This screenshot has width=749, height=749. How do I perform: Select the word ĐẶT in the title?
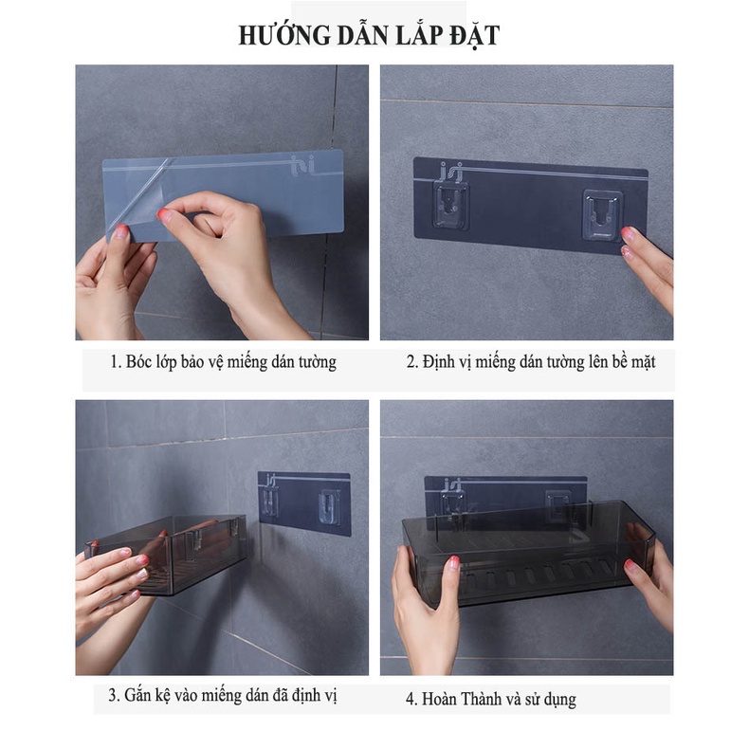click(475, 35)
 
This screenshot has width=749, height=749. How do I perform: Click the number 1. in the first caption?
click(116, 361)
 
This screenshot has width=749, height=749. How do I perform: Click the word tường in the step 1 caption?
click(318, 361)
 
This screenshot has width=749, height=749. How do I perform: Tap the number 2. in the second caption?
click(412, 361)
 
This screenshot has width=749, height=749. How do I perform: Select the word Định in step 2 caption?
click(439, 362)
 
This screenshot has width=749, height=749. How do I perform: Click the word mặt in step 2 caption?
click(644, 363)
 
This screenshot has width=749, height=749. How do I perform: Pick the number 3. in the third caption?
click(114, 695)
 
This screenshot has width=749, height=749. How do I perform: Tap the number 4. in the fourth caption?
click(411, 699)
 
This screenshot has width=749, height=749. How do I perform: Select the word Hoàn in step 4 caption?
click(439, 699)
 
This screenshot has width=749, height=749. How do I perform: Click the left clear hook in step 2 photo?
click(450, 207)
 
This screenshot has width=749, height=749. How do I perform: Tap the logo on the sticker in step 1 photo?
click(302, 165)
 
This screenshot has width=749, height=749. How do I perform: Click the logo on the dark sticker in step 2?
click(451, 172)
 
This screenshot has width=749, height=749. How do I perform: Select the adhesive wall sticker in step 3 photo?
click(304, 503)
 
